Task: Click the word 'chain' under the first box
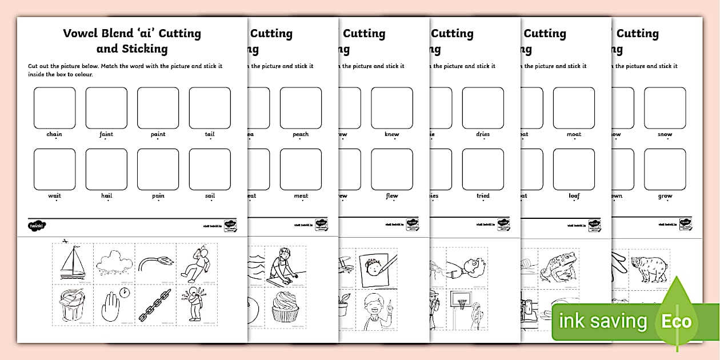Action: [x=54, y=134]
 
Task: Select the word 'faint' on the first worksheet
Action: [x=106, y=134]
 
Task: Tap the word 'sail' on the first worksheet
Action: [x=210, y=195]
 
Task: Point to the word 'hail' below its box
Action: [x=106, y=195]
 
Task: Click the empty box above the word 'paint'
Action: [x=158, y=108]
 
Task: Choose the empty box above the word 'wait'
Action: [x=54, y=169]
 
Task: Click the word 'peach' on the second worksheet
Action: [x=301, y=134]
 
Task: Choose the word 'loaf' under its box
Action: [x=574, y=195]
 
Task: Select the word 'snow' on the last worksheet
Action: [x=665, y=134]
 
